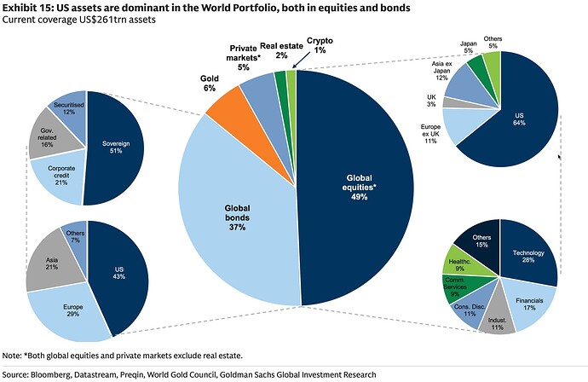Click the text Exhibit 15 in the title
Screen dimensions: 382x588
point(26,7)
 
